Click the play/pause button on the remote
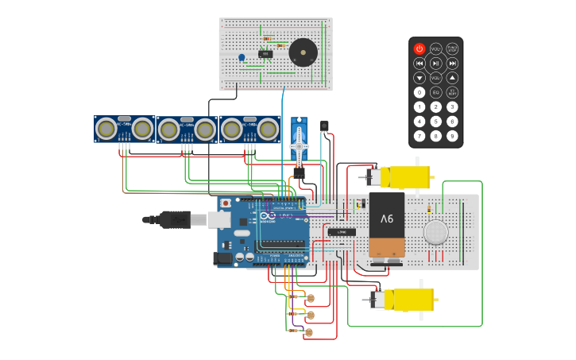tap(436, 64)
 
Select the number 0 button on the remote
tap(419, 92)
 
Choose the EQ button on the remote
tap(436, 92)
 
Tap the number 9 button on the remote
tap(452, 137)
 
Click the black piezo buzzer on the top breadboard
tap(303, 52)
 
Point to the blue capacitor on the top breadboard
tap(242, 57)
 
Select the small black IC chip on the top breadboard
tap(265, 54)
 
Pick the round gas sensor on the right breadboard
tap(435, 232)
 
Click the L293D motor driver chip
tap(342, 232)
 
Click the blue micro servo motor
tap(299, 143)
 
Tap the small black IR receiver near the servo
tap(324, 126)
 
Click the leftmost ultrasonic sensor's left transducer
tap(106, 128)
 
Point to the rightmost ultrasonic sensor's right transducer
tap(268, 128)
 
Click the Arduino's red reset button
tap(226, 203)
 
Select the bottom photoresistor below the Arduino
tap(310, 328)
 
